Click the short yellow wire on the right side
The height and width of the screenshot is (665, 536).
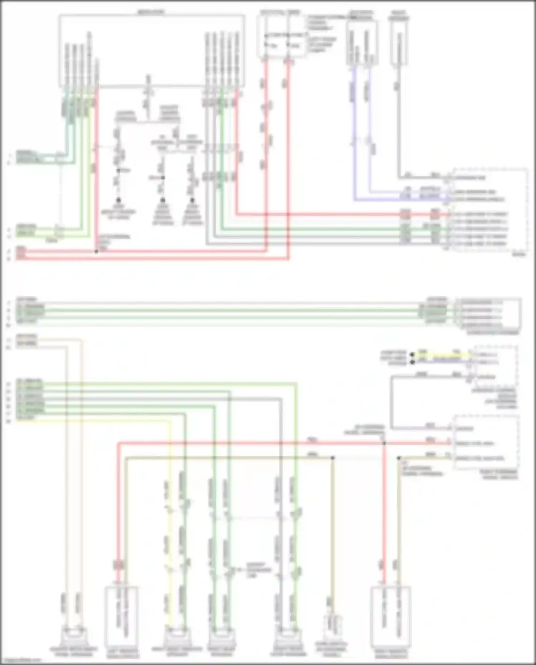[x=443, y=355]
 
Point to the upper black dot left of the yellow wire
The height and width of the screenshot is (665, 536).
[x=412, y=355]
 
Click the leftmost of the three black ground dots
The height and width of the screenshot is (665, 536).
[x=118, y=200]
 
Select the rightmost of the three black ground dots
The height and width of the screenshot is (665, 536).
[x=192, y=200]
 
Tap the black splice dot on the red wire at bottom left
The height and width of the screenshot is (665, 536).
[x=96, y=252]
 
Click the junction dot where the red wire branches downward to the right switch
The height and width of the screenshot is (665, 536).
[x=384, y=443]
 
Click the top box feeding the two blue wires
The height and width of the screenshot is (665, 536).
[x=362, y=43]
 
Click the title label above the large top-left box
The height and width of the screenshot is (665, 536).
[x=152, y=12]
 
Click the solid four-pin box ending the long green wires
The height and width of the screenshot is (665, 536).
[x=488, y=314]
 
